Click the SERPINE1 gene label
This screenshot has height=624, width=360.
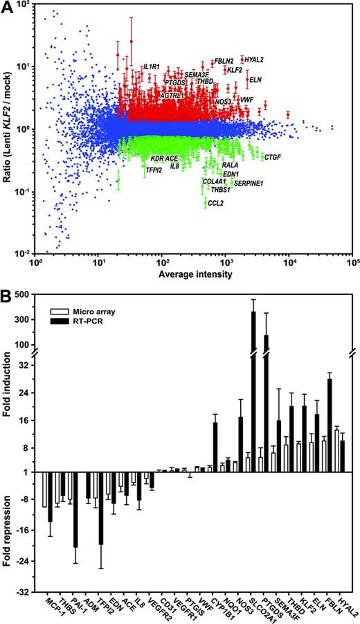click(247, 183)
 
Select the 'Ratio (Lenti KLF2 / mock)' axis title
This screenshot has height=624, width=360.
click(8, 130)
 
